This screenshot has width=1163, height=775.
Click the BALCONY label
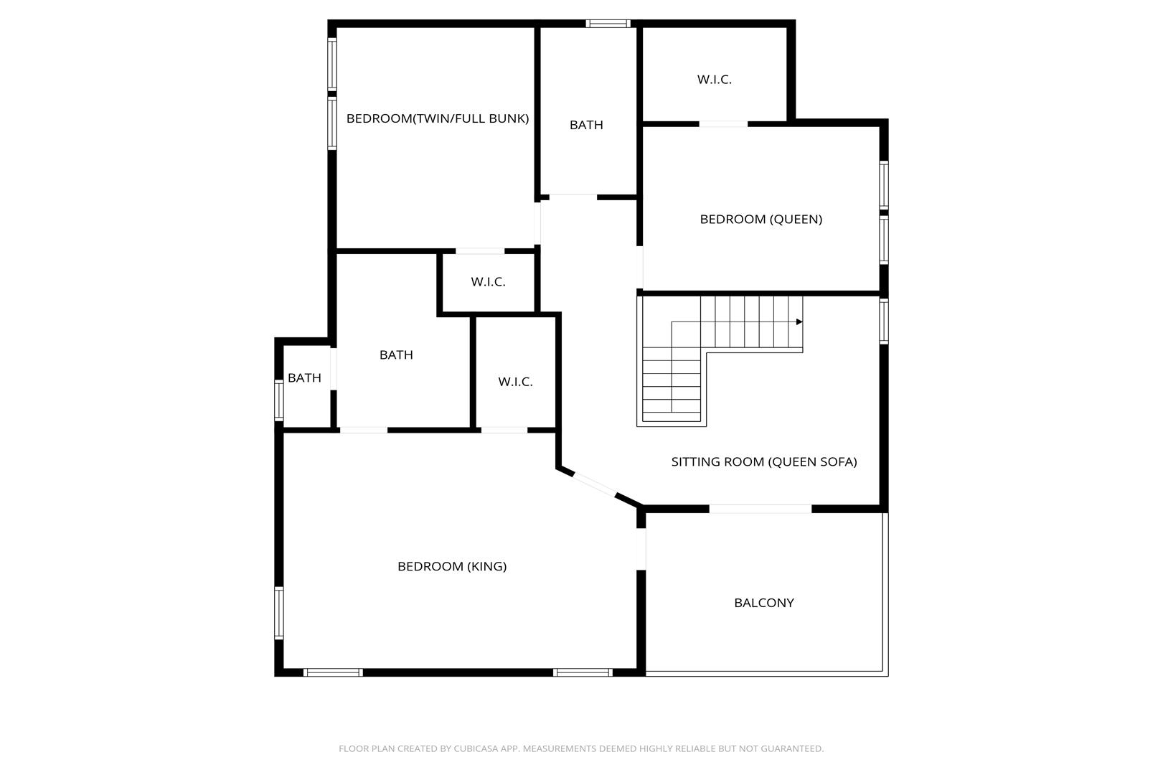(764, 603)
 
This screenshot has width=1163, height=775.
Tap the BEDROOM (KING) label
(452, 567)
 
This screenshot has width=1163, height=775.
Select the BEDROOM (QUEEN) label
(761, 219)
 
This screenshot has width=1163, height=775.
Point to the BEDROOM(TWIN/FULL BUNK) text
(437, 119)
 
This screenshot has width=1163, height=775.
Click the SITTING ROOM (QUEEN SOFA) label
(764, 462)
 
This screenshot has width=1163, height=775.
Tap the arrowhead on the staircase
(799, 322)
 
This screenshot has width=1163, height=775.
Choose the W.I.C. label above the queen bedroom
(714, 80)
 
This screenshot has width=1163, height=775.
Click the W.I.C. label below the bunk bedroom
(488, 281)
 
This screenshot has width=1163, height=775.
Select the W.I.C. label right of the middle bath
(515, 382)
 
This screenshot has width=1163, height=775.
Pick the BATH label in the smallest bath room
(304, 378)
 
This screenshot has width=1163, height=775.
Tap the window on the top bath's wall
(608, 24)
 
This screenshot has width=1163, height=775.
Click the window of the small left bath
(279, 400)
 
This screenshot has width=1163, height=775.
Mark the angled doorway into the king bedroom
(595, 484)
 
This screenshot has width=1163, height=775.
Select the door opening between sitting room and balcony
(761, 509)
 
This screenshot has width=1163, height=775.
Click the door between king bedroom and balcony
(641, 549)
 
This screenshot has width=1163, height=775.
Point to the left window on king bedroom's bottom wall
(333, 672)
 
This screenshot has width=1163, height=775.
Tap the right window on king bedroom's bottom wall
(583, 672)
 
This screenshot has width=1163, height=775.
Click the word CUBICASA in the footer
(474, 748)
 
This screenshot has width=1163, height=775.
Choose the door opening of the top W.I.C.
(723, 123)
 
